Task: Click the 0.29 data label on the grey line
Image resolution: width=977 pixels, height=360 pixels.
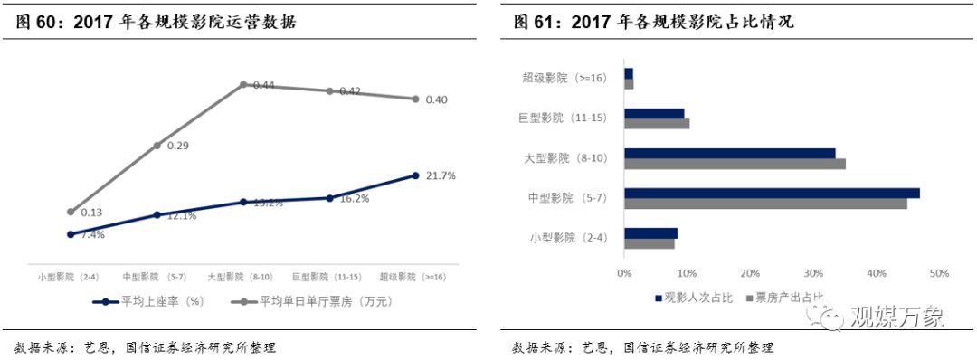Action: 176,145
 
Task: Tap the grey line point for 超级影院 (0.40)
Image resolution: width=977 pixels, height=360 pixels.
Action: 415,99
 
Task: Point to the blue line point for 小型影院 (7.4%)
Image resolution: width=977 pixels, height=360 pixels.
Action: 71,233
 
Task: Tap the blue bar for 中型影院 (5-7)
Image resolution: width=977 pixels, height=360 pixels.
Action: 772,193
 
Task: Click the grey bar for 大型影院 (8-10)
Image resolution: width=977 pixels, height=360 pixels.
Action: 735,164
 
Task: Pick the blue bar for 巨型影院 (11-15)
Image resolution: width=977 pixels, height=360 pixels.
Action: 654,113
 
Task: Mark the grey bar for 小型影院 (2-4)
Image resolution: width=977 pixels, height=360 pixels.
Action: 649,243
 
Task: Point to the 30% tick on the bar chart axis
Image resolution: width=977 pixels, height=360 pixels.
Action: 812,273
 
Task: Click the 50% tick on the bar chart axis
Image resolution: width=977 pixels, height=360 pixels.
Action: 938,273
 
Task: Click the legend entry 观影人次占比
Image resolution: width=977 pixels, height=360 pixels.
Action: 693,297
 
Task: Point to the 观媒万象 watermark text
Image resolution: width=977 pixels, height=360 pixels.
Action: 896,317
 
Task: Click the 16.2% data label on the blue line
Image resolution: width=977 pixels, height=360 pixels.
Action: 354,199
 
